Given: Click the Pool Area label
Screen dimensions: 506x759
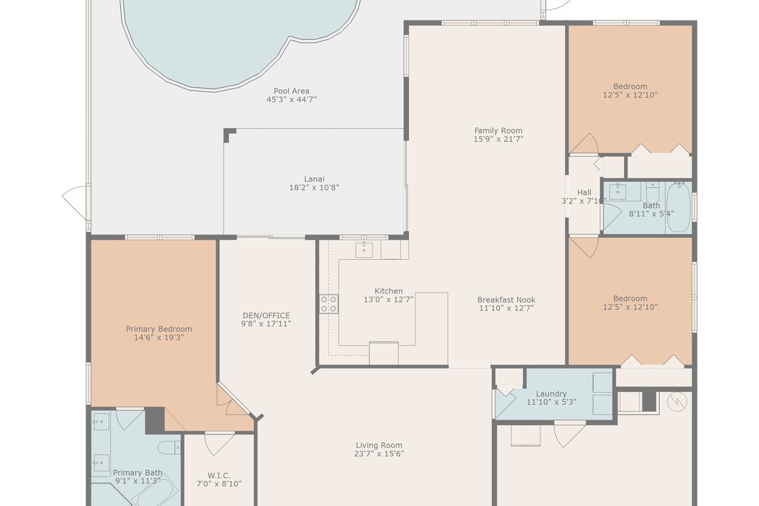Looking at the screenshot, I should tap(292, 91).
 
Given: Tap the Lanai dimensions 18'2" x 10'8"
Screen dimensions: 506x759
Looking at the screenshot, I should tap(314, 188).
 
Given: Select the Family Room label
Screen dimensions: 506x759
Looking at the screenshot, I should tap(498, 130).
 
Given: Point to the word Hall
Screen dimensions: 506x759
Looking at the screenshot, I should tap(584, 192).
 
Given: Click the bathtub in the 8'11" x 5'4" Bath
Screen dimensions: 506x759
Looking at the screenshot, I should tap(679, 207).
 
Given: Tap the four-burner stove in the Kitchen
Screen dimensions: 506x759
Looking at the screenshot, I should tap(328, 304).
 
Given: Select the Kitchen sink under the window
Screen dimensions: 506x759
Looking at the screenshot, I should tap(363, 249).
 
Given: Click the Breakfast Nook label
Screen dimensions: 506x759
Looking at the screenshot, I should tap(506, 299).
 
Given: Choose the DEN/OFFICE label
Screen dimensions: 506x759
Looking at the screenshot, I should tap(266, 316).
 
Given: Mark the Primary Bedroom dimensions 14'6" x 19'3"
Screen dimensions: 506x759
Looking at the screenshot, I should tap(159, 338).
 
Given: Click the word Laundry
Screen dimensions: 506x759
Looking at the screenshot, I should tap(551, 394).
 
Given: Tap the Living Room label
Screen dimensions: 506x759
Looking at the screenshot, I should tap(379, 445).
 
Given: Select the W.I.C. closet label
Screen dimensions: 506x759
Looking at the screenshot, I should tap(219, 475).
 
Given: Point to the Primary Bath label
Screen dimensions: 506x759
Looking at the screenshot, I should tap(138, 473).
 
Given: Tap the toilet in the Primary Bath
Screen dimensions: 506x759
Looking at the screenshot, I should tap(169, 447).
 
